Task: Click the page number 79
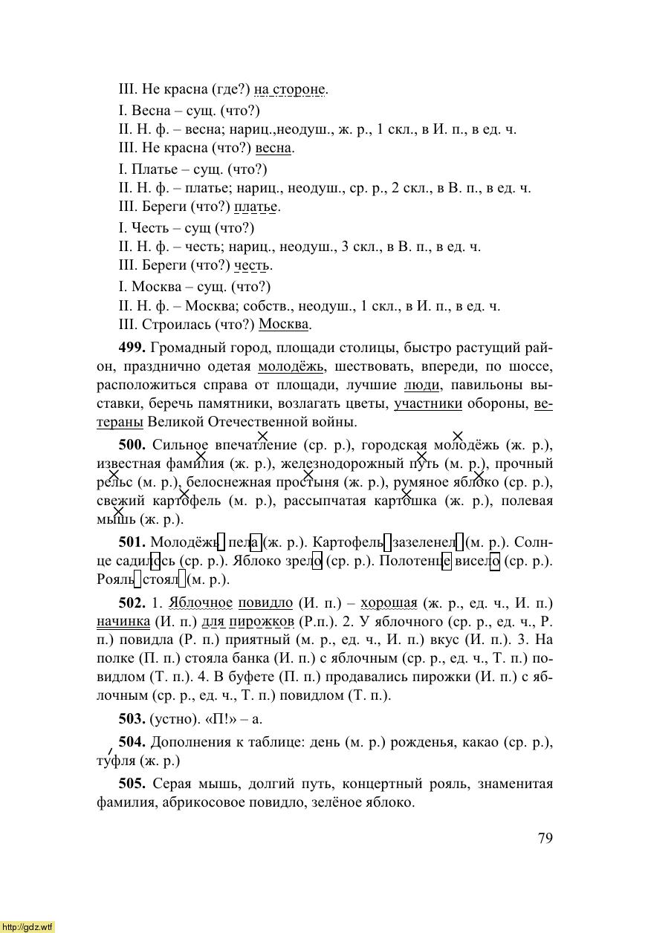[x=545, y=839]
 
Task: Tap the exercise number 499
[x=132, y=348]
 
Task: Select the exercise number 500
[x=132, y=445]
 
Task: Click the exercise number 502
[x=132, y=602]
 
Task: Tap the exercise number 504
[x=132, y=742]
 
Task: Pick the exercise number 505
[x=132, y=784]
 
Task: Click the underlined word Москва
[x=284, y=325]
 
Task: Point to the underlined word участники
[x=428, y=403]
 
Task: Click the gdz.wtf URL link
[x=27, y=926]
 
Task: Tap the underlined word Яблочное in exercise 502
[x=201, y=602]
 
